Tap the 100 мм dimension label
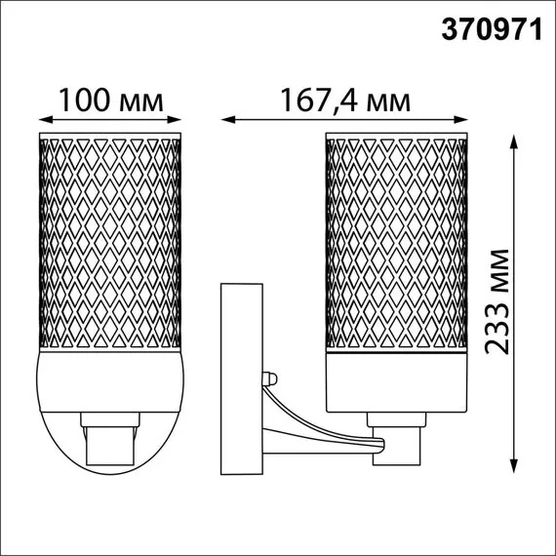(x=108, y=100)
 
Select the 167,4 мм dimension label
(x=342, y=100)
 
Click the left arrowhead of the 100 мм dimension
(x=41, y=121)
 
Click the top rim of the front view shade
(x=109, y=134)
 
